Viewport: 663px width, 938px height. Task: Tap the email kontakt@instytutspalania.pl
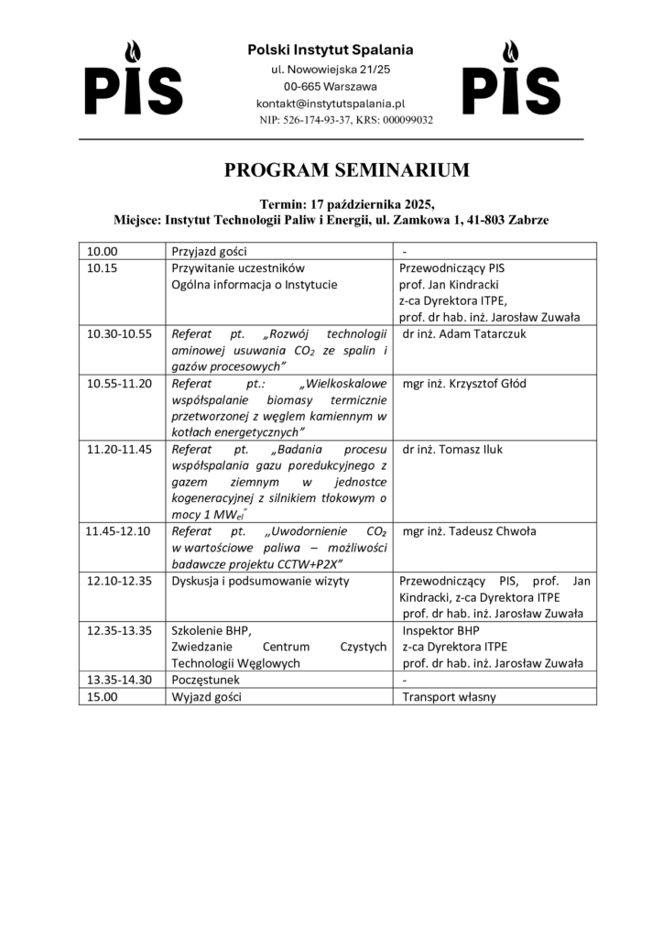331,104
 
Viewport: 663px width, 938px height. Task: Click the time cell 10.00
102,251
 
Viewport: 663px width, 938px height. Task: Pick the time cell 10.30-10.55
119,333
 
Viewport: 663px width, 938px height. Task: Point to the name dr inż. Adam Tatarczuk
464,333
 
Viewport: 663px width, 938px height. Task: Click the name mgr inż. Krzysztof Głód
464,383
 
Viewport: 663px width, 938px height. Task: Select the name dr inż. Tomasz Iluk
452,449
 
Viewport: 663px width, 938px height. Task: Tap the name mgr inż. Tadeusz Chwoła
469,531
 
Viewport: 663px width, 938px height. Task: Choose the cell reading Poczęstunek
212,680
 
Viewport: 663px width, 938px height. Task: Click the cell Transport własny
449,696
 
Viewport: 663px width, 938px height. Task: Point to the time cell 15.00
102,696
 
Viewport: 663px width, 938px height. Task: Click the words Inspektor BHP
440,630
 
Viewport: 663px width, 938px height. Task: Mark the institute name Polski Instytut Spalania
331,49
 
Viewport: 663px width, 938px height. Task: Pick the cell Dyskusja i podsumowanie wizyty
260,581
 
